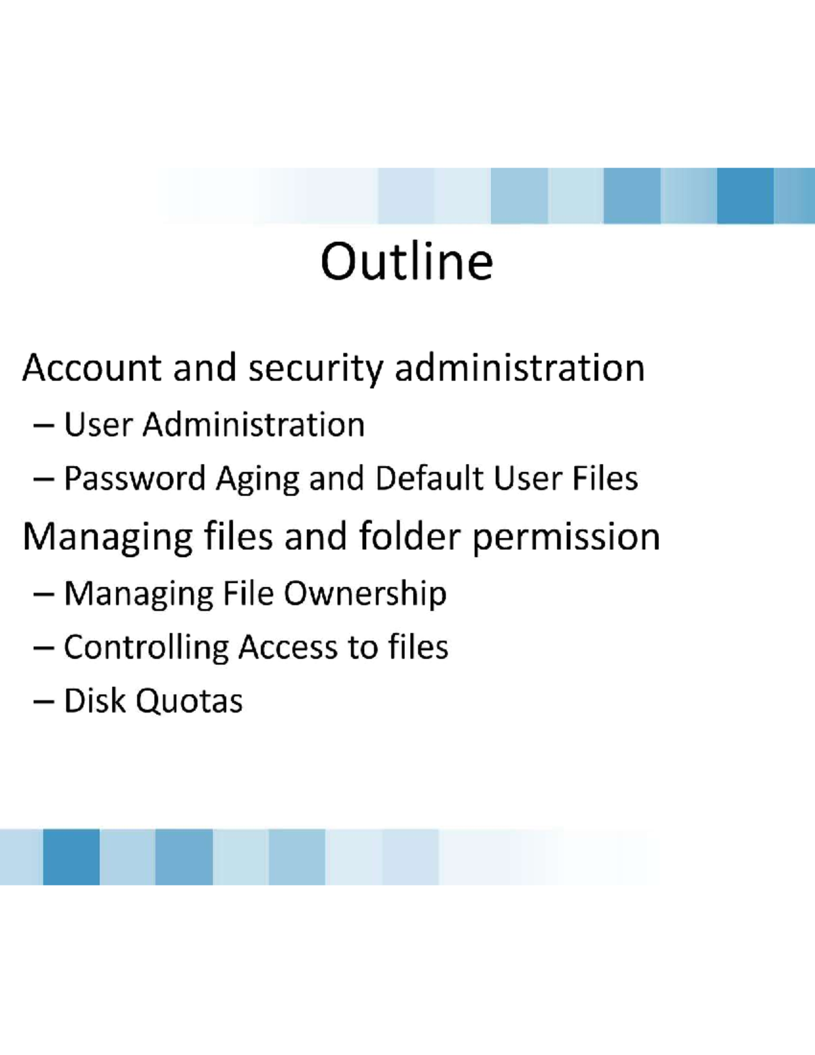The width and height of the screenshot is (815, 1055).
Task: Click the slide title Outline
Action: (x=407, y=262)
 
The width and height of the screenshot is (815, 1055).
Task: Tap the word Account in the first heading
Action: (x=92, y=368)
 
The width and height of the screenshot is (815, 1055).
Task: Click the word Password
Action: (x=134, y=478)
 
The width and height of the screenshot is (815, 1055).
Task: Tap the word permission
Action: (x=566, y=538)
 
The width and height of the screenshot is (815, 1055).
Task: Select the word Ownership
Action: (x=365, y=594)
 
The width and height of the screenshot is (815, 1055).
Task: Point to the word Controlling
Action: (x=146, y=648)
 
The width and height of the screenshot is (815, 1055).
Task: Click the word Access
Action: (x=287, y=647)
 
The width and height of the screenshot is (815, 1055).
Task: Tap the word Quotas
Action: (x=189, y=702)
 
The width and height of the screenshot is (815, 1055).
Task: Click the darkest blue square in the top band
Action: (x=745, y=196)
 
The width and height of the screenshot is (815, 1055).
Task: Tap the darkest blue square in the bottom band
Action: (x=71, y=857)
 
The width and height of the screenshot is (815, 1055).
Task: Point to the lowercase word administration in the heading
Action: (x=520, y=368)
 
